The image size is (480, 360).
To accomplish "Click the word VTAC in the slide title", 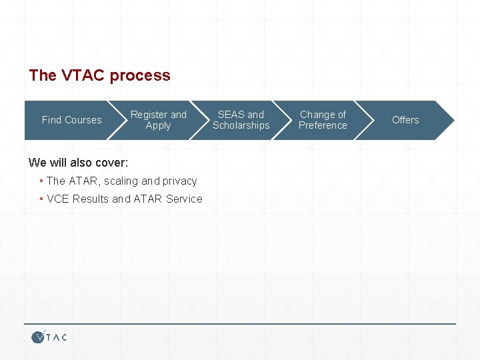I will [x=83, y=75].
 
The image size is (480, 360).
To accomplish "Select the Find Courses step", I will [x=71, y=120].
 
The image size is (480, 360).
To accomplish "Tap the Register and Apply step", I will [x=158, y=120].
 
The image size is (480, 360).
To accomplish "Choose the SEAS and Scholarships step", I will [x=241, y=120].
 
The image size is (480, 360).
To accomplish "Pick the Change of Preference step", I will [x=323, y=120].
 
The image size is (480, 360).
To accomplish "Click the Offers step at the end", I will [x=405, y=120].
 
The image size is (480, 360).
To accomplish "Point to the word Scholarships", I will [x=241, y=125].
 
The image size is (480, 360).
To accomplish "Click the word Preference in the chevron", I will [x=323, y=125].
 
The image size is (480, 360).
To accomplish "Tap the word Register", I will [x=150, y=115].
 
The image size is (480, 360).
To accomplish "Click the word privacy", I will [x=179, y=181].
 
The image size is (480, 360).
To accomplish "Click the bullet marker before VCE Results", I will [x=41, y=199].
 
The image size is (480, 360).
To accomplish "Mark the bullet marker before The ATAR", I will [x=41, y=181].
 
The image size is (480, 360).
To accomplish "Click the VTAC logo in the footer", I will [x=49, y=337].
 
